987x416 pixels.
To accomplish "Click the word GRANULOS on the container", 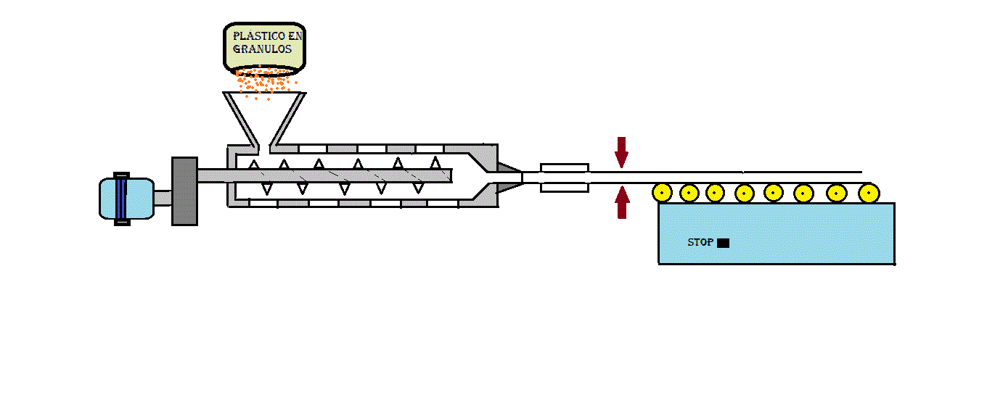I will (x=262, y=49).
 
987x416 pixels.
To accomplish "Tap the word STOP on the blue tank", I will (x=700, y=243).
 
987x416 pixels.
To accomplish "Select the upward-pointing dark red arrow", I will (x=622, y=202).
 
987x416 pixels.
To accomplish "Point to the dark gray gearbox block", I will (x=184, y=191).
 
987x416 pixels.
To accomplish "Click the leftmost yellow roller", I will (x=662, y=193).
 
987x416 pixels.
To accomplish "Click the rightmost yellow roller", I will (x=869, y=194).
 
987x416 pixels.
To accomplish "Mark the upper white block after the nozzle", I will (x=565, y=167).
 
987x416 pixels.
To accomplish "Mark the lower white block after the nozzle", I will (x=565, y=187).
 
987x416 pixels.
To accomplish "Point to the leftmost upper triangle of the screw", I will (x=253, y=165).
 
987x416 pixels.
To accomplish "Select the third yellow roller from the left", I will (x=715, y=193).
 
